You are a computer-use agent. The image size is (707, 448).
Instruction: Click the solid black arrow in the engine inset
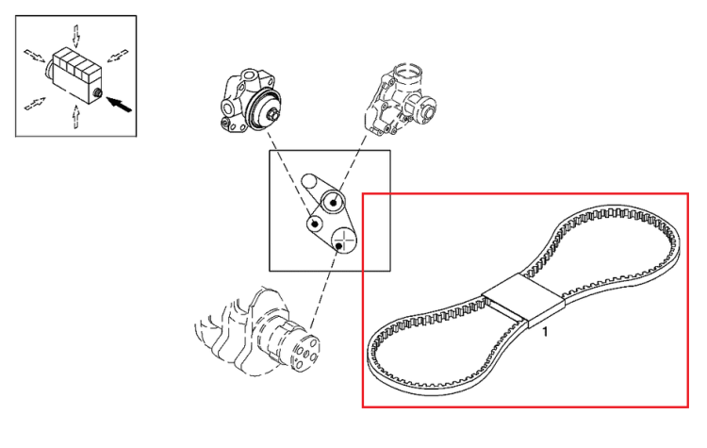[x=121, y=105]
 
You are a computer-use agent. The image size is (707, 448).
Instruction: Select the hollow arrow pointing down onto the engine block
[x=76, y=36]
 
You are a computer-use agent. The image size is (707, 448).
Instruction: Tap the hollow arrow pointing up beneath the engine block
[x=76, y=116]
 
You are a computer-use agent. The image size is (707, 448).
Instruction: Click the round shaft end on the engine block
[x=97, y=93]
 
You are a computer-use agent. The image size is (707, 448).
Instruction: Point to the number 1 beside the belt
[x=545, y=332]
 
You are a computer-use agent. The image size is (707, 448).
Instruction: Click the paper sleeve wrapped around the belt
[x=523, y=301]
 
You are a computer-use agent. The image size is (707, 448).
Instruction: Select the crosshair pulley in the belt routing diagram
[x=344, y=241]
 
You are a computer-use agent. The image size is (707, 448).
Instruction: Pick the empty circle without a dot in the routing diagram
[x=309, y=181]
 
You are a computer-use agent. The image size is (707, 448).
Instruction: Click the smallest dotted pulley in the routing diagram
[x=315, y=224]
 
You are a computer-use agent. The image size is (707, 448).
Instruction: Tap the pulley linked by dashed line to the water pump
[x=333, y=202]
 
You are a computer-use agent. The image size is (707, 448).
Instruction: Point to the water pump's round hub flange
[x=427, y=111]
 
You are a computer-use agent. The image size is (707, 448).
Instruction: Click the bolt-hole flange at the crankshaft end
[x=305, y=352]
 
